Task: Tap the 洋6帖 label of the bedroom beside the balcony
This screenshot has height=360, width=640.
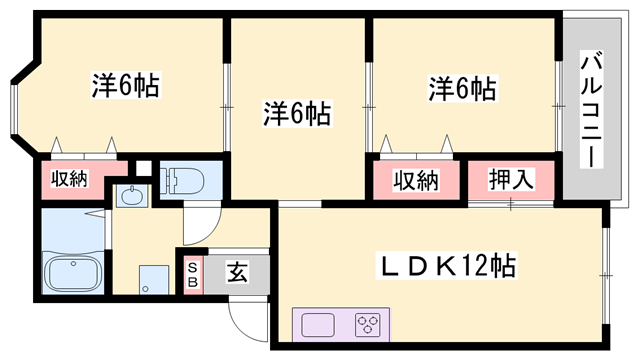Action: tap(461, 88)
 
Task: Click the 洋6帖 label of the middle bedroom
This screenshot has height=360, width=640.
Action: tap(298, 112)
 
